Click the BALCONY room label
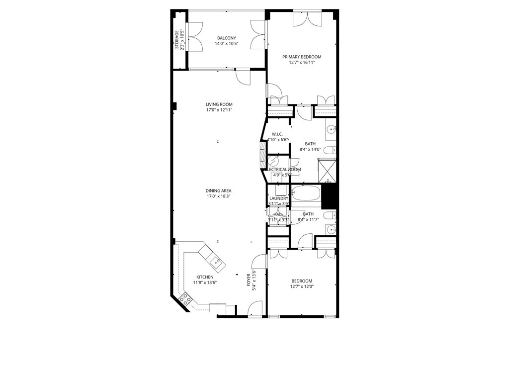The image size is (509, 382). point(226,38)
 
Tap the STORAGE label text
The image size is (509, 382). point(176,40)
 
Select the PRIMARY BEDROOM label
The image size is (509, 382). point(302,57)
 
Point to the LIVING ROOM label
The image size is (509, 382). point(219,104)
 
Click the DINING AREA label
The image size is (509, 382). point(219,191)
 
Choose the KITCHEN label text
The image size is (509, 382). point(205,277)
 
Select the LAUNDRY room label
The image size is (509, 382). point(278,198)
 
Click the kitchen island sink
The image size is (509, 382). point(217,260)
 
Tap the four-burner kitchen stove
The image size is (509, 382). point(186,298)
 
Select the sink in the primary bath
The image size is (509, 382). point(332,130)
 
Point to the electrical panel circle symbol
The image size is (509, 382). point(273,162)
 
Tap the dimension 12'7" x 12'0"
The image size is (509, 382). point(302,286)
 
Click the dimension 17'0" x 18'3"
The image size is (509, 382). point(219,196)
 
